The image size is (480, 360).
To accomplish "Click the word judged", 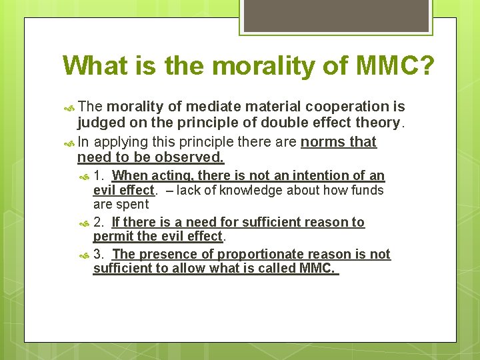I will [99, 123].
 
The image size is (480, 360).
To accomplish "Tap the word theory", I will [379, 123].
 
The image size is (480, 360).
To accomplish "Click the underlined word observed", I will [189, 158].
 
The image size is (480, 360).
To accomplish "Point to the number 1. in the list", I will [99, 176].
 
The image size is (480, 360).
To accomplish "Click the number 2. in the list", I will [99, 222].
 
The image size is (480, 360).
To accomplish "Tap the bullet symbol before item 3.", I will [85, 255].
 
